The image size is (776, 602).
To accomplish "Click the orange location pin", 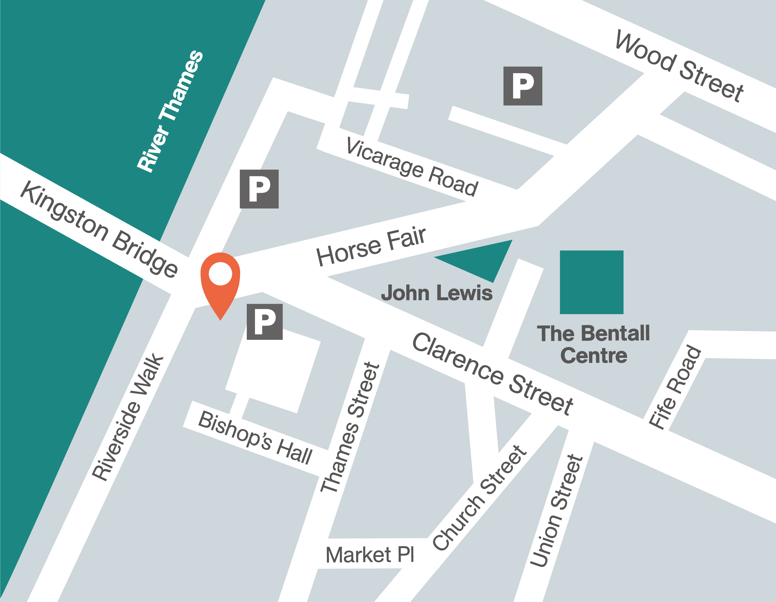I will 220,281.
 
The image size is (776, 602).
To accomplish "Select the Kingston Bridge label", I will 99,229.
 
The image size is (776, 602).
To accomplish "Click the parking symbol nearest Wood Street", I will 523,86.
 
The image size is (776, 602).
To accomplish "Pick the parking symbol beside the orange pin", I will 265,322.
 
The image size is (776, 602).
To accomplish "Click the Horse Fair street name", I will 371,247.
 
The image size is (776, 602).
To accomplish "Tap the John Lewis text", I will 437,293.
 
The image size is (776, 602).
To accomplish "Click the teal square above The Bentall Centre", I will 592,282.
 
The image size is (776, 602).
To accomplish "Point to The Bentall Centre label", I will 593,344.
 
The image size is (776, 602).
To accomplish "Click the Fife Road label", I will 675,387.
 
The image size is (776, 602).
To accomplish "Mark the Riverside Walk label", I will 128,418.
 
